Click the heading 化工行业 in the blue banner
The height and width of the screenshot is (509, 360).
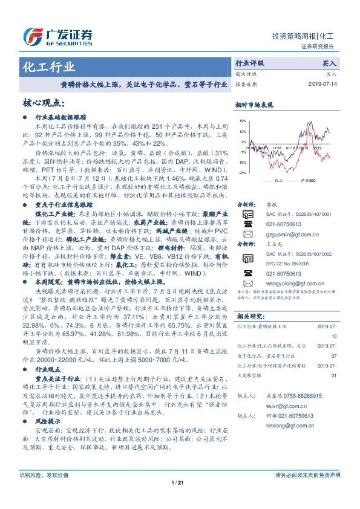(48, 66)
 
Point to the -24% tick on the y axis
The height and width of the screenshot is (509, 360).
(241, 172)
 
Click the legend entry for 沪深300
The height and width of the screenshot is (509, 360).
(307, 180)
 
